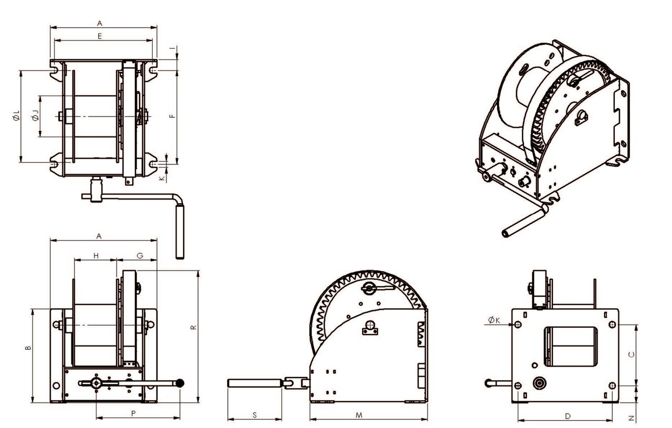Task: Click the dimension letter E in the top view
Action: (100, 35)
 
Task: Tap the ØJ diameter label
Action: (35, 116)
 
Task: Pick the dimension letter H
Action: (96, 255)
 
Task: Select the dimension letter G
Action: (140, 255)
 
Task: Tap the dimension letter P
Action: (133, 414)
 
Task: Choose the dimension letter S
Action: (254, 415)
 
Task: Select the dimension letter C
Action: (632, 354)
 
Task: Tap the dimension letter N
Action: (632, 419)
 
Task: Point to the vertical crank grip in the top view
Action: (179, 232)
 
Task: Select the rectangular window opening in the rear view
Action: (571, 346)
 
